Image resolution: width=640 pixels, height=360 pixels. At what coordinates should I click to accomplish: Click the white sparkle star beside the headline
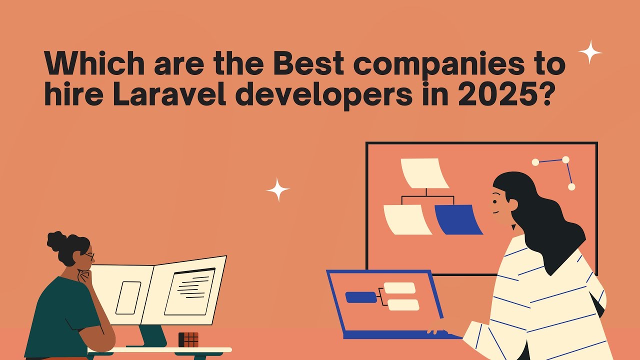[590, 52]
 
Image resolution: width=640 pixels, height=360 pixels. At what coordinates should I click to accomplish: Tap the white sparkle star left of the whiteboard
[277, 190]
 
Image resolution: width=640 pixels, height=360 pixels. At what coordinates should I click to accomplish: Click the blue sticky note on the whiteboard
[457, 219]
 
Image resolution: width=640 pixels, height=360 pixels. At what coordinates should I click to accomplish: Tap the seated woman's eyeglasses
[89, 256]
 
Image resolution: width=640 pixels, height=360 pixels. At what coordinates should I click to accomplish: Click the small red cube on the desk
[188, 339]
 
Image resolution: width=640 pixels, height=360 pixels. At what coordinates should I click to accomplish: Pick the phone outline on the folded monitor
[128, 297]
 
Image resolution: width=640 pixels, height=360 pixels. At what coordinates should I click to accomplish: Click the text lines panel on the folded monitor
[189, 292]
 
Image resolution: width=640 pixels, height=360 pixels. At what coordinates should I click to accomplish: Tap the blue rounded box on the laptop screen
[361, 297]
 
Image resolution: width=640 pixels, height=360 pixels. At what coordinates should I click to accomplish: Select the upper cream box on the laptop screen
[399, 288]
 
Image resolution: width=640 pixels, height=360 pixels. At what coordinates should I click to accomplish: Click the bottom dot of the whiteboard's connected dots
[571, 187]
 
